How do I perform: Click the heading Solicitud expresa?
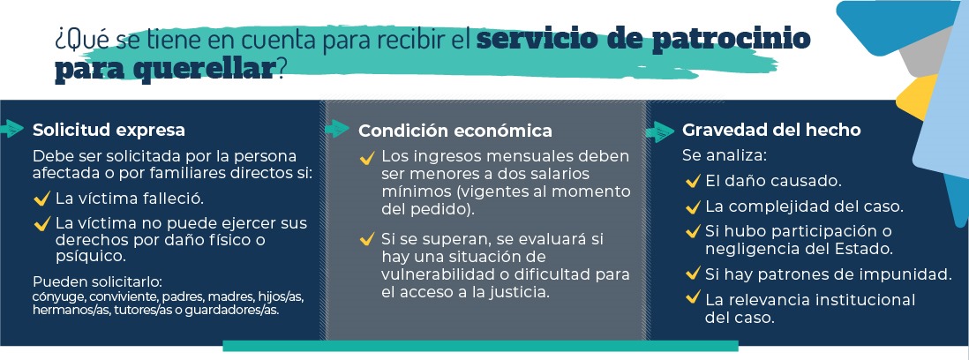coord(109,130)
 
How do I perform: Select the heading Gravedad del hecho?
coord(771,131)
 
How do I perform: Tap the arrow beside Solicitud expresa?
coord(12,129)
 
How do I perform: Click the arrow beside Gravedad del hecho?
coord(660,131)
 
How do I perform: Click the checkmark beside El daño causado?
coord(693,181)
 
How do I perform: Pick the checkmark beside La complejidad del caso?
coord(693,206)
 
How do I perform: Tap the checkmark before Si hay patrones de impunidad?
coord(693,273)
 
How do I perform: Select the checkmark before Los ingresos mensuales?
coord(366,157)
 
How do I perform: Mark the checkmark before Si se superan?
coord(366,238)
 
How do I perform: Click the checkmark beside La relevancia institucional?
coord(693,297)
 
